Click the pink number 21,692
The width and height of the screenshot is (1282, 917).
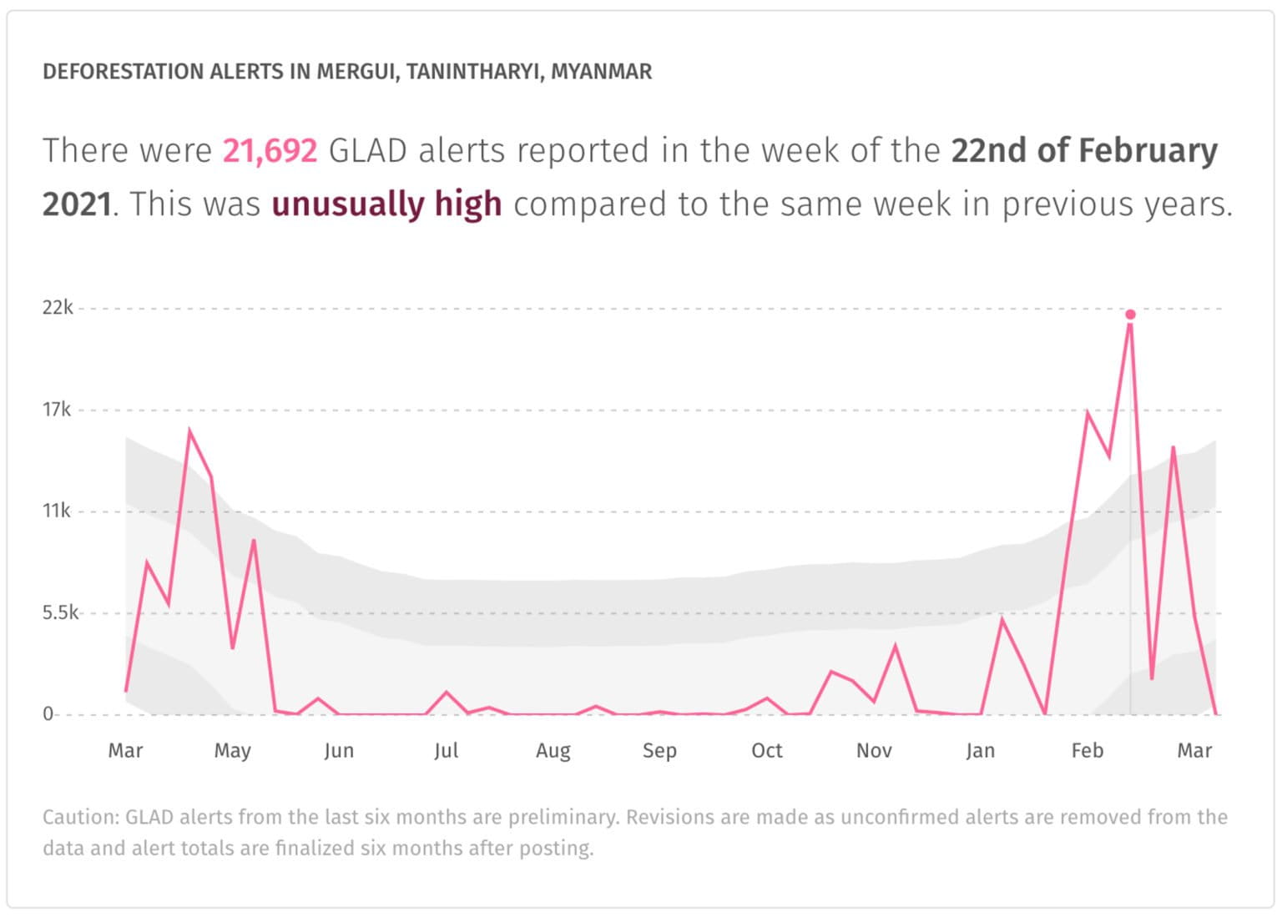coord(270,151)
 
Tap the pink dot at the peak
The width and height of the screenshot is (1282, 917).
coord(1130,315)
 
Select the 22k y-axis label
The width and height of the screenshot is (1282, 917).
coord(58,308)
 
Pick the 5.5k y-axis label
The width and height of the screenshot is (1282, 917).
coord(60,613)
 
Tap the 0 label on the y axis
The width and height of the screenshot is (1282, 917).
coord(48,714)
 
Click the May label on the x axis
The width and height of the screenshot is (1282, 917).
coord(232,751)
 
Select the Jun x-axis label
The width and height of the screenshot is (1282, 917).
coord(339,751)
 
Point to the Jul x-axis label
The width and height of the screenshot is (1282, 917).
coord(446,751)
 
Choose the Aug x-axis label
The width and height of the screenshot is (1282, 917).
coord(553,751)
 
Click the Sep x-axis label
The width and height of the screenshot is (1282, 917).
coord(659,751)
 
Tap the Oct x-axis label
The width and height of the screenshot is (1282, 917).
coord(766,751)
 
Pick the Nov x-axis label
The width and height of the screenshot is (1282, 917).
coord(874,751)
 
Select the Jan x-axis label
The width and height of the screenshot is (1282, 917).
coord(980,751)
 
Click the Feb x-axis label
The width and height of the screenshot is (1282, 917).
coord(1087,751)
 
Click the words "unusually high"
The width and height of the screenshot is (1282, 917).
coord(386,204)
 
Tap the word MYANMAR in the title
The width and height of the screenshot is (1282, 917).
coord(601,72)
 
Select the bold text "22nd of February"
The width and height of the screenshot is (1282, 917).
coord(1083,151)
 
